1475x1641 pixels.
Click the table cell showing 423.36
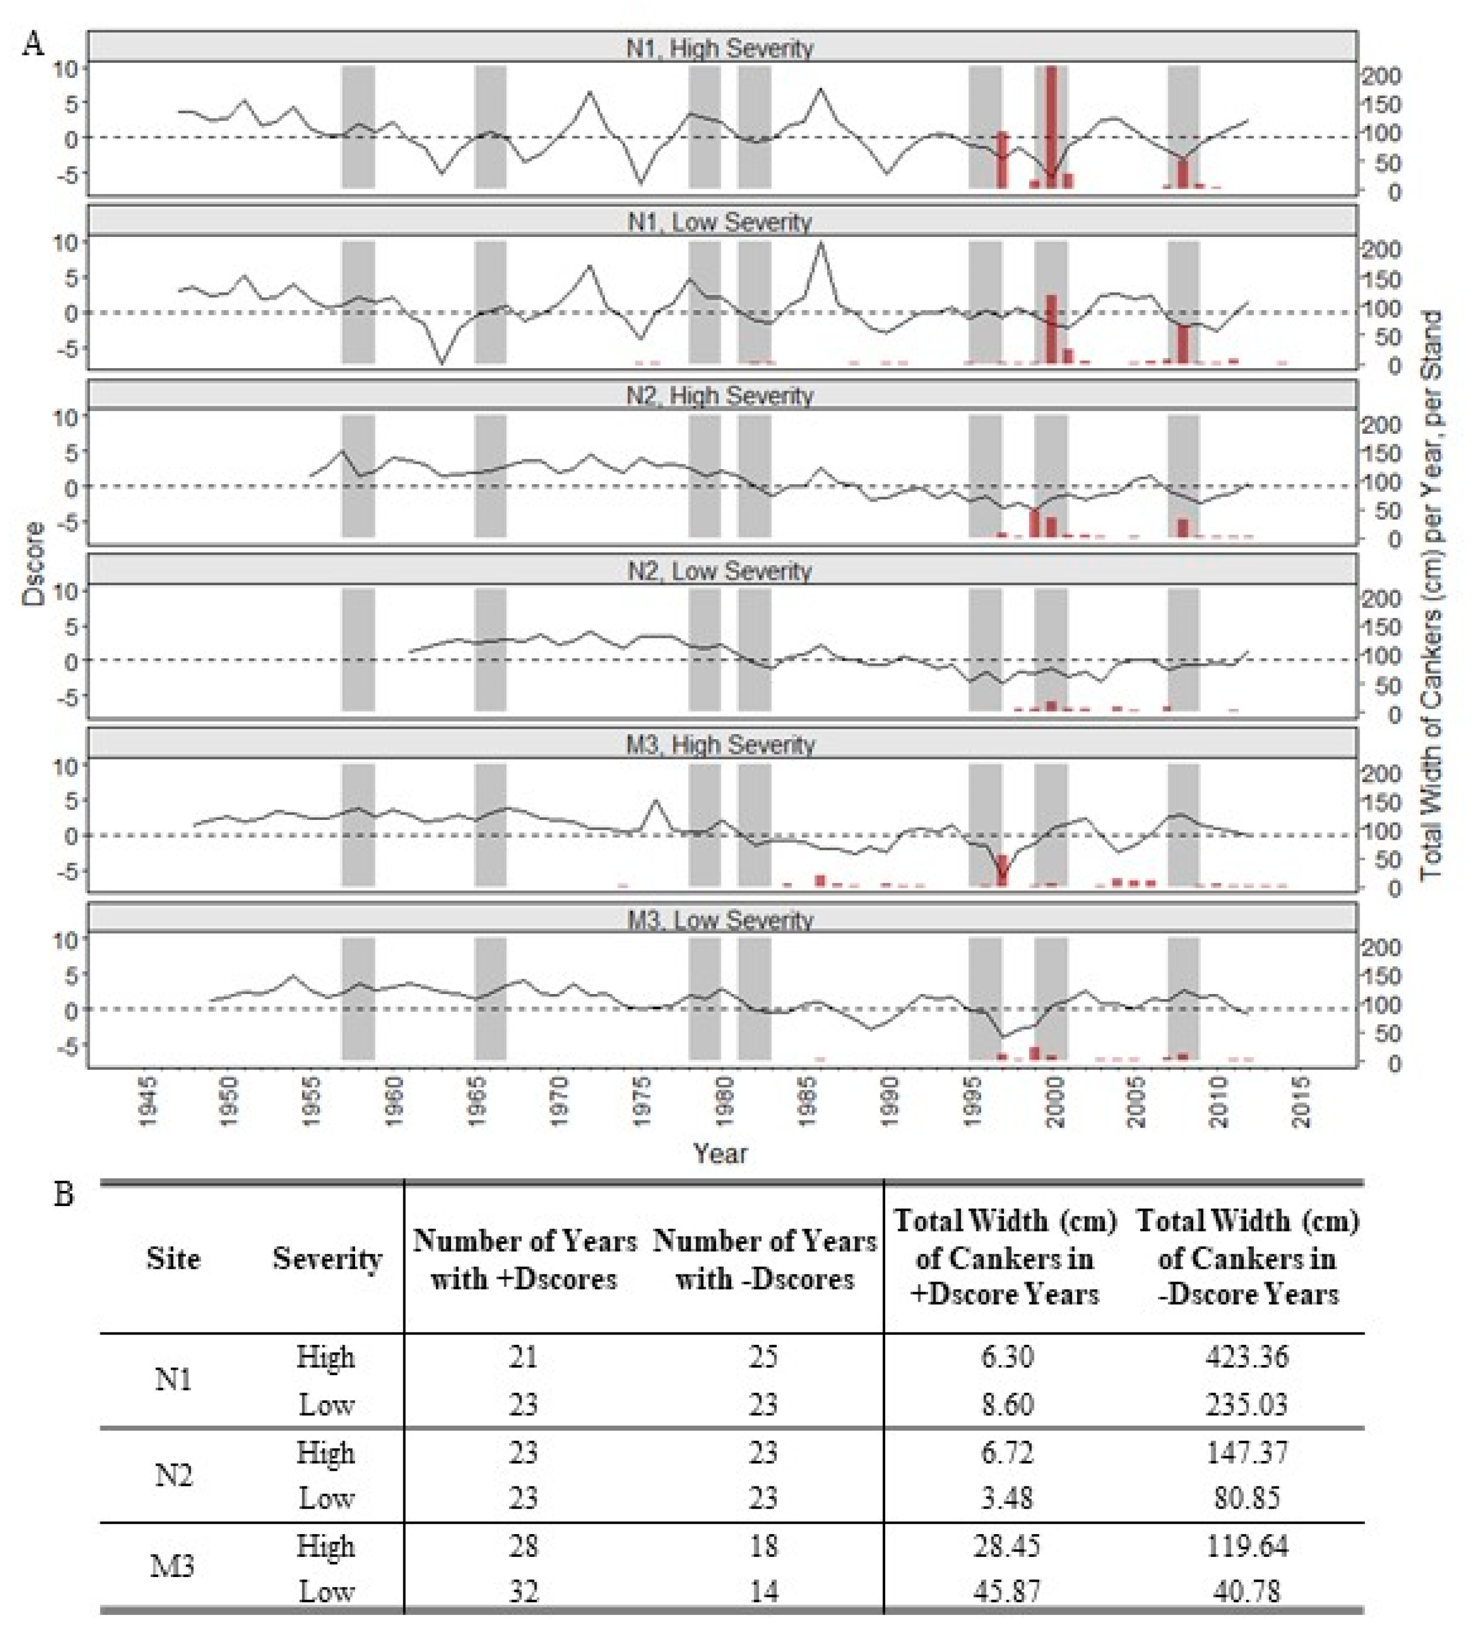coord(1246,1356)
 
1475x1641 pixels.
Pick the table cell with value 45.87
coord(1007,1592)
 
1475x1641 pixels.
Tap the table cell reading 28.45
coord(1007,1546)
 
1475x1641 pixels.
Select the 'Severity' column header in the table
coord(327,1258)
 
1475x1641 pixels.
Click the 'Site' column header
coord(173,1258)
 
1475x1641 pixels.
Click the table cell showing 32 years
coord(524,1592)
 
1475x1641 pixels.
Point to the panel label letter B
coord(63,1194)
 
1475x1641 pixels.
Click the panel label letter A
coord(33,43)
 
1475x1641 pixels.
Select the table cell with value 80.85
coord(1246,1497)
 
